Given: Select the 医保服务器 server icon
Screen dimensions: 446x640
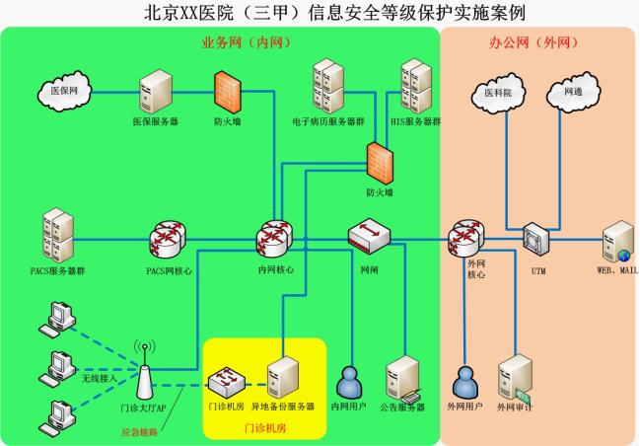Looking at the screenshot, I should coord(155,92).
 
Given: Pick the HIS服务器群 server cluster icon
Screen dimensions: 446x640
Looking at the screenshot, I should coord(415,87).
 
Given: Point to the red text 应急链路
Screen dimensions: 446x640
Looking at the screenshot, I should coord(139,431).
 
